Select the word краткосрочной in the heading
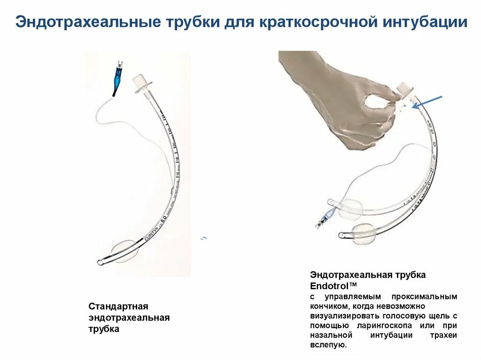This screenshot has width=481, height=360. coord(317,22)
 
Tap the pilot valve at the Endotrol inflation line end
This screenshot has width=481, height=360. coord(324,218)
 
